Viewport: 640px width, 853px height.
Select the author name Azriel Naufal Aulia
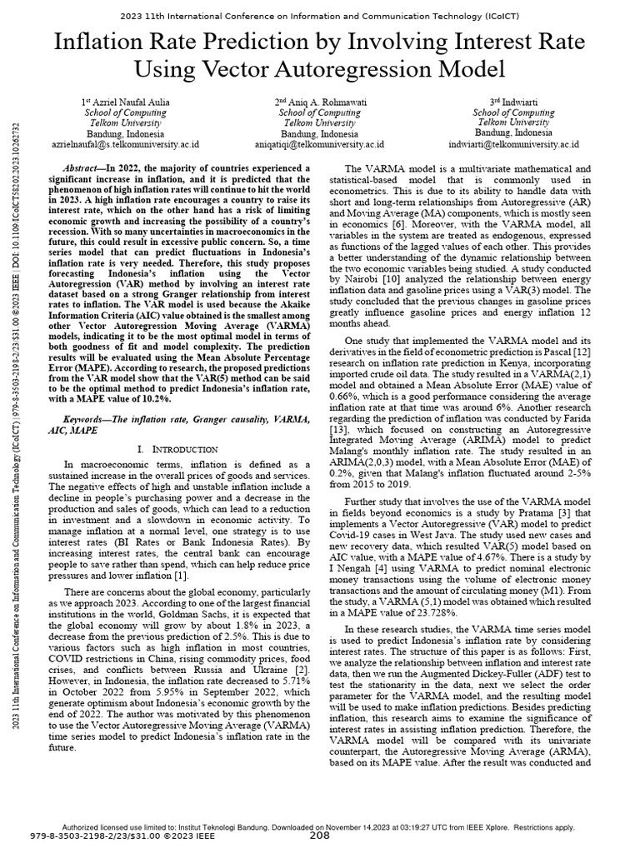130,102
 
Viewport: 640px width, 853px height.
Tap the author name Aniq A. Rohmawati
324,102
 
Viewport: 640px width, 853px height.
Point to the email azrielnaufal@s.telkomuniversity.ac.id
125,143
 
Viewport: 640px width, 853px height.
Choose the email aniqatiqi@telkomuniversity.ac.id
319,143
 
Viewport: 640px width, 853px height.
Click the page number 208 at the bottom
320,836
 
